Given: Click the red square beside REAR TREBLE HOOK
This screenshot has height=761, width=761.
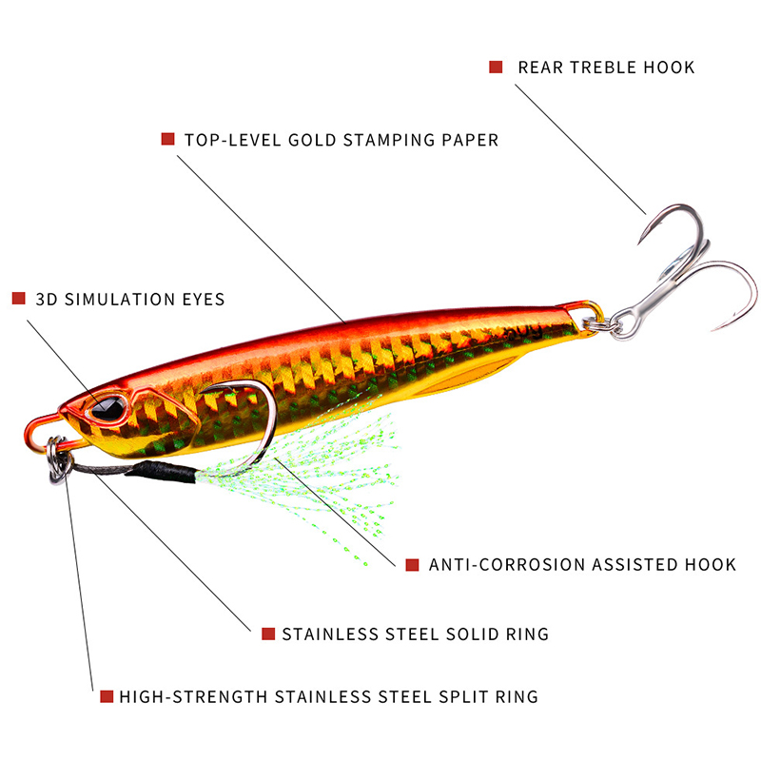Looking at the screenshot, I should [x=496, y=67].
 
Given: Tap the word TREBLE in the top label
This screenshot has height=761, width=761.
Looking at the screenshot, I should [x=604, y=68].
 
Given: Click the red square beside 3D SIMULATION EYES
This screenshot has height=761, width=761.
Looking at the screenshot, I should [x=18, y=299].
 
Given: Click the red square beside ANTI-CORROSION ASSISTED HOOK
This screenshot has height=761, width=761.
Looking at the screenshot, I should [x=412, y=564].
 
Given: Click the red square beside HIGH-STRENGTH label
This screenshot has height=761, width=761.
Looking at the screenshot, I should [x=107, y=696].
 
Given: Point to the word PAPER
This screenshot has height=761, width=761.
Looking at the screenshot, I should [x=470, y=140].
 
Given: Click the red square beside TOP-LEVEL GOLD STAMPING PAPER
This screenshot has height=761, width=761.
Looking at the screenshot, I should [x=167, y=139].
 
